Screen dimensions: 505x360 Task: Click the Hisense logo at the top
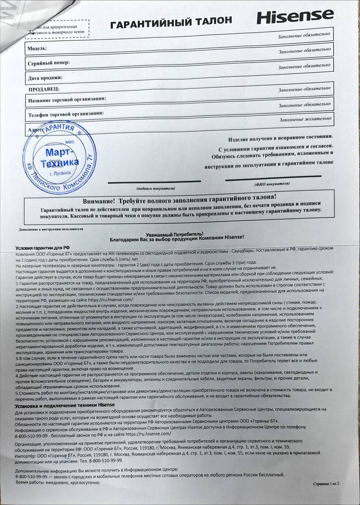(295, 16)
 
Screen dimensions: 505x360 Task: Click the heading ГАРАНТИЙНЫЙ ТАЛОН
(171, 22)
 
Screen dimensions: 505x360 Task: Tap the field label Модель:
(37, 49)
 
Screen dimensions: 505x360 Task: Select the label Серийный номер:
(49, 63)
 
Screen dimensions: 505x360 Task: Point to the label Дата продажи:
(45, 78)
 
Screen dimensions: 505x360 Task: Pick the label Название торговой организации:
(67, 100)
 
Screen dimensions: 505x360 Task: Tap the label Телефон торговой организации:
(66, 115)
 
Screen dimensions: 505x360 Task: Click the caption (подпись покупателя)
(156, 188)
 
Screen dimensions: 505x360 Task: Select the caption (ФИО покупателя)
(272, 184)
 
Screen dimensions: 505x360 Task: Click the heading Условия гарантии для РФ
(42, 247)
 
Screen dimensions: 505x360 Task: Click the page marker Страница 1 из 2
(326, 483)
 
